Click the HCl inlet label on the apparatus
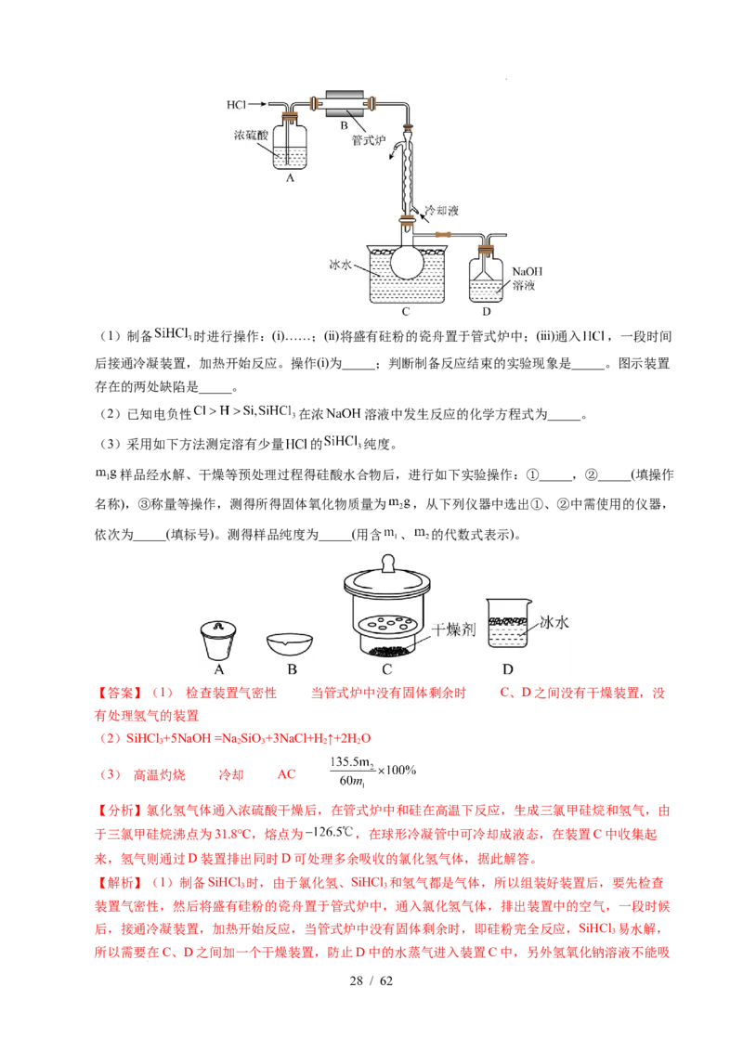coord(236,104)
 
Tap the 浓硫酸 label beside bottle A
coord(251,135)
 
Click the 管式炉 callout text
coord(369,140)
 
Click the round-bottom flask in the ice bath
coord(407,261)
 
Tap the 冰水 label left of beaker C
coord(341,264)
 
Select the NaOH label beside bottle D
coord(528,271)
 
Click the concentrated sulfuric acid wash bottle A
coord(290,143)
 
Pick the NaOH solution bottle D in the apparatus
coord(486,275)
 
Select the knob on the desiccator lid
coord(387,563)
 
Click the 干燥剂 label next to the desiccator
coord(454,629)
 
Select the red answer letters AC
coord(286,774)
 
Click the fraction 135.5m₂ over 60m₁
coord(352,772)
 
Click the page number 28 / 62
coord(371,980)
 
